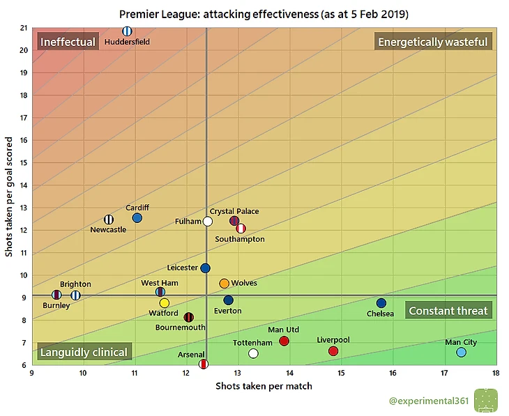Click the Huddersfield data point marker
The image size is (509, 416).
coord(127,31)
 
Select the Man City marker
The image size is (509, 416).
coord(462,353)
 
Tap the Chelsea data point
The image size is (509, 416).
coord(381,303)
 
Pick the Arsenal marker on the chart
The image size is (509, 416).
coord(204,364)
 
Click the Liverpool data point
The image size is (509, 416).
coord(333,351)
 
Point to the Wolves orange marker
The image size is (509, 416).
coord(224,284)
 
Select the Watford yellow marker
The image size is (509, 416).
coord(165,303)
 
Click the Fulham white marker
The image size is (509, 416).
coord(208,222)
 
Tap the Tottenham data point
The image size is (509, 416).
coord(253,353)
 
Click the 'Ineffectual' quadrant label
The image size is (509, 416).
coord(68,42)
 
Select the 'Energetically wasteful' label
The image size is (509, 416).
coord(432,42)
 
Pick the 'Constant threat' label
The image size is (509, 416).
coord(448,311)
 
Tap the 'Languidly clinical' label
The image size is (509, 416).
coord(84,352)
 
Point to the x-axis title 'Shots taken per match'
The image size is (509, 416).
coord(264,385)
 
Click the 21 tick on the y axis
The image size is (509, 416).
coord(24,28)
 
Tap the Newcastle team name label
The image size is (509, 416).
coord(108,229)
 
